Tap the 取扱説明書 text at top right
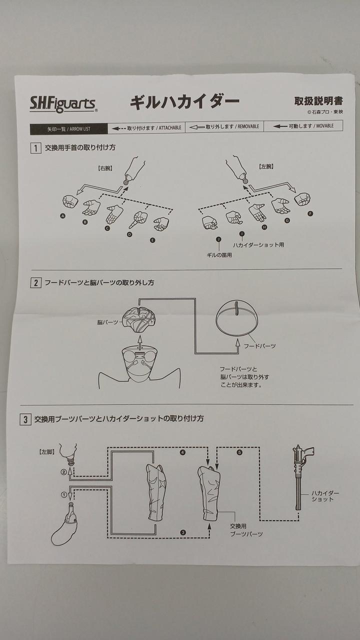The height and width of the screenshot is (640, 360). (318, 100)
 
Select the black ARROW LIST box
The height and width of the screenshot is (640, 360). (68, 128)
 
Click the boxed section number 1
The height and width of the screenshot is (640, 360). (35, 148)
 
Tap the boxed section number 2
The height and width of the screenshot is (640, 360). (35, 283)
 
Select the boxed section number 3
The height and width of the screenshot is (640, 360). (25, 419)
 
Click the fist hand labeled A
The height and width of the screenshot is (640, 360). (70, 201)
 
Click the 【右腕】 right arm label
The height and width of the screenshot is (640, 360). (105, 168)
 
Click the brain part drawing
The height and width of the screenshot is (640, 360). (140, 319)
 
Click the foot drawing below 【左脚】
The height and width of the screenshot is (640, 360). (66, 525)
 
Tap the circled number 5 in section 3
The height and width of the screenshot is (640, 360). (240, 452)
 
